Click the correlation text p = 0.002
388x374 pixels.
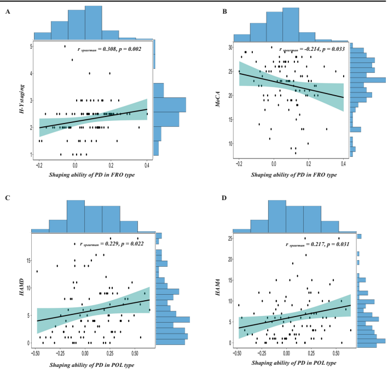[x=127, y=49]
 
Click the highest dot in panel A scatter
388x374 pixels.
[x=65, y=46]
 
